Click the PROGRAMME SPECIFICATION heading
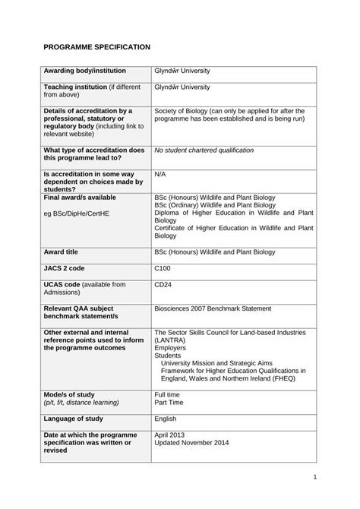click(x=96, y=47)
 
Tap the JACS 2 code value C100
click(x=163, y=267)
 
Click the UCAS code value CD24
click(x=163, y=284)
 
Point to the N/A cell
click(x=159, y=174)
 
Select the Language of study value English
click(x=165, y=418)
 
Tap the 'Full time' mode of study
click(x=167, y=394)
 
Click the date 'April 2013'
click(x=170, y=435)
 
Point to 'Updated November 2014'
click(x=191, y=442)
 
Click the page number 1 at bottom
click(x=314, y=478)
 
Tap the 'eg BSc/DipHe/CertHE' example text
click(x=76, y=213)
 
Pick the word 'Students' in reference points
click(x=169, y=355)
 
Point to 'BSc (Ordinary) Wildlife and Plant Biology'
click(x=214, y=205)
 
